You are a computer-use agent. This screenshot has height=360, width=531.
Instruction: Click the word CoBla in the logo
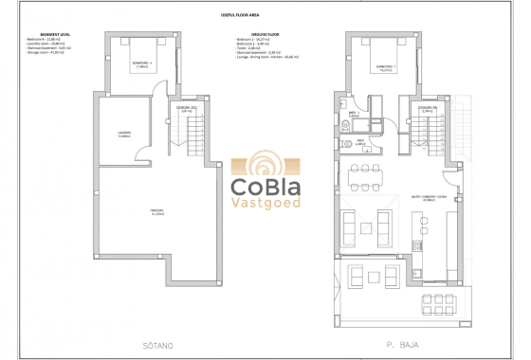(265, 186)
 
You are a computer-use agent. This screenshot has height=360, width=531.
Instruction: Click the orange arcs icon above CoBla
(265, 162)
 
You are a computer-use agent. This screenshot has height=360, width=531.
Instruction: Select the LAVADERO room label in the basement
(124, 134)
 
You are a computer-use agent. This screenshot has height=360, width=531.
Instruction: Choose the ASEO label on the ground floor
(362, 143)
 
